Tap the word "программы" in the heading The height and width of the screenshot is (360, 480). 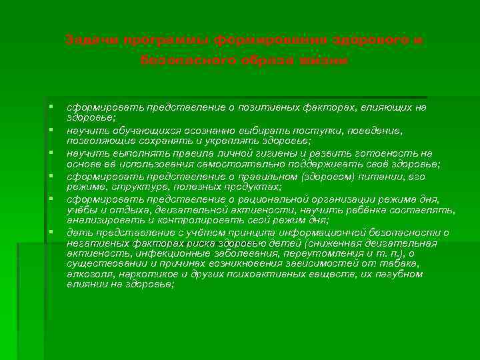click(x=138, y=41)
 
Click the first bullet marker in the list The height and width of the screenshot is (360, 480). click(x=51, y=107)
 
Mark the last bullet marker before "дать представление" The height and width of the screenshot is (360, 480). click(x=51, y=231)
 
